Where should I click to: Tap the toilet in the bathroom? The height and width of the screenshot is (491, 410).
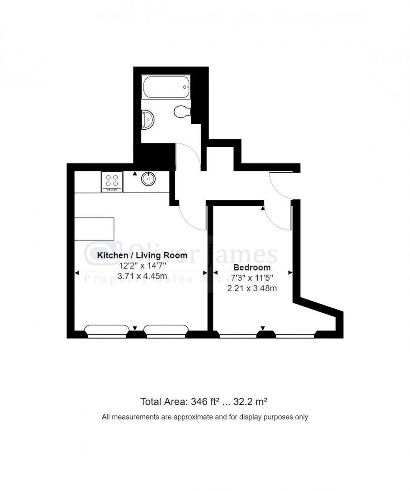pyautogui.click(x=182, y=112)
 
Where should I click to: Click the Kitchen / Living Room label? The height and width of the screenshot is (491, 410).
pyautogui.click(x=142, y=255)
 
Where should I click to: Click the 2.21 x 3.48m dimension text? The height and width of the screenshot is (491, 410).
pyautogui.click(x=252, y=289)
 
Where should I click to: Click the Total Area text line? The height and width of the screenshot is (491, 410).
pyautogui.click(x=204, y=402)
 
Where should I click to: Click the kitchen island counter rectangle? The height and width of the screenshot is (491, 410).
pyautogui.click(x=94, y=229)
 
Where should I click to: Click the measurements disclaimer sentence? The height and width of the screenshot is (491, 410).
pyautogui.click(x=205, y=417)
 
